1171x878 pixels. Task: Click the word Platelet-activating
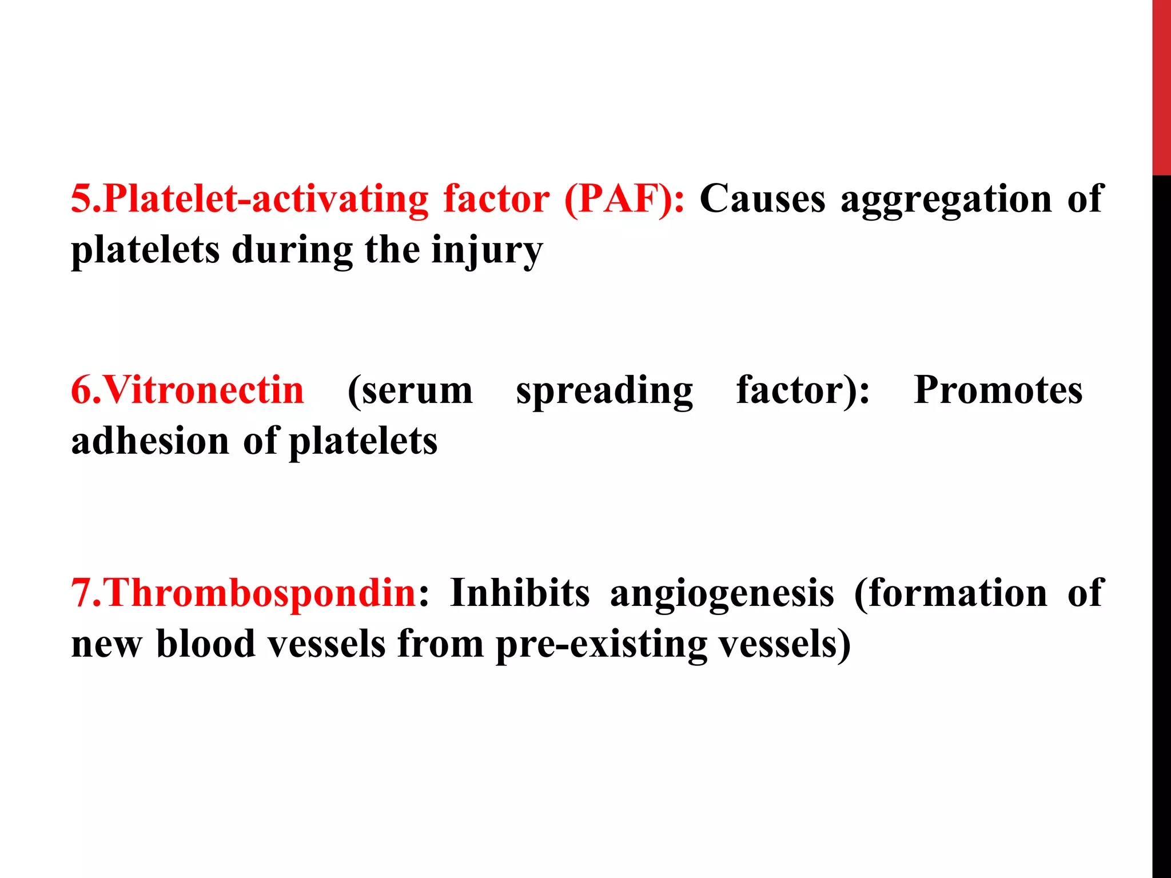coord(266,199)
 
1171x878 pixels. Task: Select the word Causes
coord(763,199)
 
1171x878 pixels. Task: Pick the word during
coord(292,250)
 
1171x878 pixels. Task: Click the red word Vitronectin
coord(204,390)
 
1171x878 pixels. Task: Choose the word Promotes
coord(998,390)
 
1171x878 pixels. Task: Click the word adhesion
coord(150,441)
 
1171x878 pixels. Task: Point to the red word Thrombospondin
coord(261,593)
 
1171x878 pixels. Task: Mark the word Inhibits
coord(519,593)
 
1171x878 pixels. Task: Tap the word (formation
coord(951,593)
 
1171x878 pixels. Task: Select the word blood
coord(206,644)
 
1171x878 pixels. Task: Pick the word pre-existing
coord(601,645)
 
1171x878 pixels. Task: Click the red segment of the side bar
coord(1161,86)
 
